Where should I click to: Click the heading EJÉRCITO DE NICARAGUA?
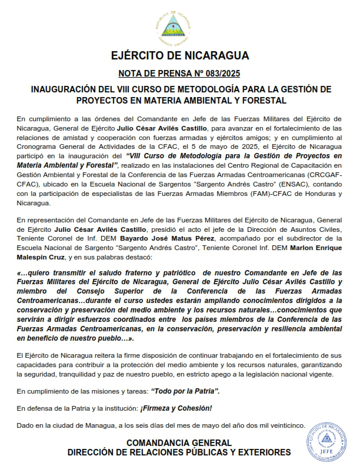[180, 56]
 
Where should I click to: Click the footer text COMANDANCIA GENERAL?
[179, 443]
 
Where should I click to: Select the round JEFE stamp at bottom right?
[328, 443]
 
